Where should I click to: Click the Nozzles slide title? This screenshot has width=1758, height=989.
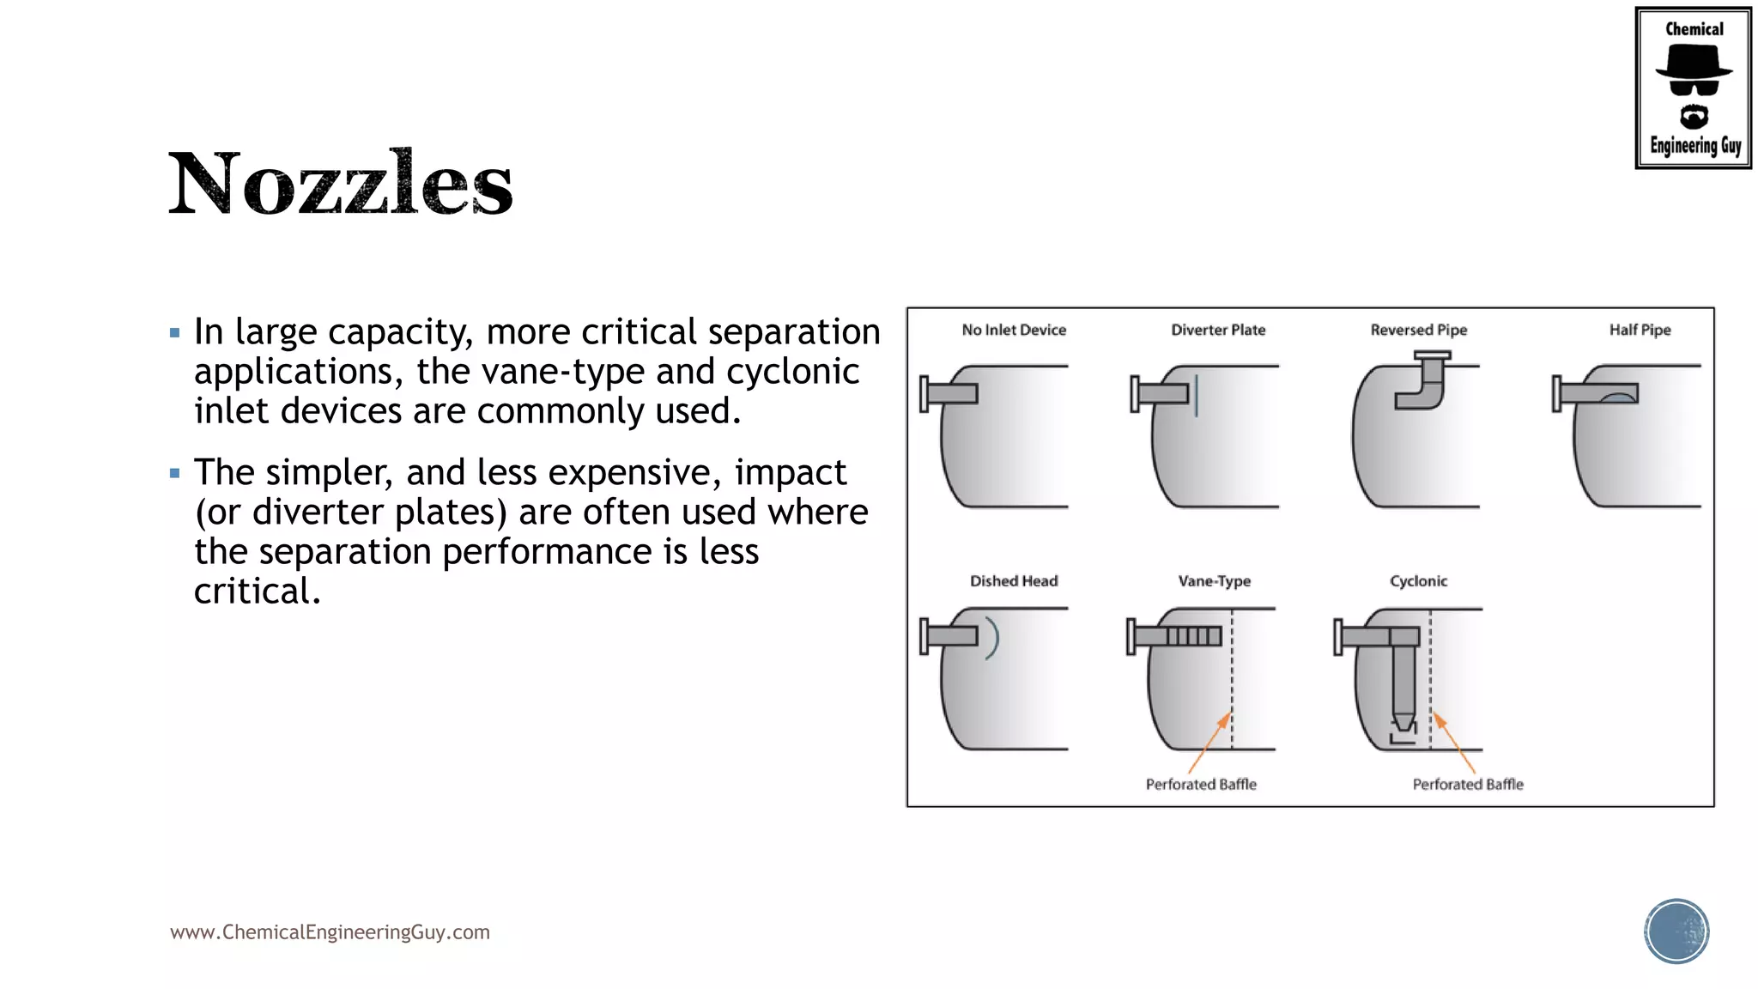click(340, 183)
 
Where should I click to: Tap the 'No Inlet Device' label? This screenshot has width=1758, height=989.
click(1014, 330)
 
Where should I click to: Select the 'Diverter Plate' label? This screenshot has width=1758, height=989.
click(1218, 330)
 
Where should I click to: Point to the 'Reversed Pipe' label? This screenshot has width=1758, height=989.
click(1418, 330)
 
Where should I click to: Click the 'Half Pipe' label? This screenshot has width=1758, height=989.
click(1640, 330)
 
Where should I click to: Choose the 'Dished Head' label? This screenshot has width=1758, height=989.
click(1014, 581)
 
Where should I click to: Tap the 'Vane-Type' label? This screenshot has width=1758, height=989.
click(1214, 581)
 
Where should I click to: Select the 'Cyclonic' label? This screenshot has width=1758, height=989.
click(1418, 581)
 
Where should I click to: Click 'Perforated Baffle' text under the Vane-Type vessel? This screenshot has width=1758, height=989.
click(1201, 784)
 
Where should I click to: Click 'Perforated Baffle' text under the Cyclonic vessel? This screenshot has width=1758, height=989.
click(1468, 784)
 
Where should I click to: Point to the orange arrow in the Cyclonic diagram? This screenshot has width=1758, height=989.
click(1454, 743)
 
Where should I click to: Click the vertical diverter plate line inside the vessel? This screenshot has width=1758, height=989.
click(1196, 395)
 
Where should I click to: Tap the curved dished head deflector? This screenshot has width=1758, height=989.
click(994, 638)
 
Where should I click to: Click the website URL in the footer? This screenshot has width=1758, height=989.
click(330, 932)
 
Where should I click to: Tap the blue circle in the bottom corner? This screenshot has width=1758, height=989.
click(1676, 931)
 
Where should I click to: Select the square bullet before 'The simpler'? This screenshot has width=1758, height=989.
click(175, 473)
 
